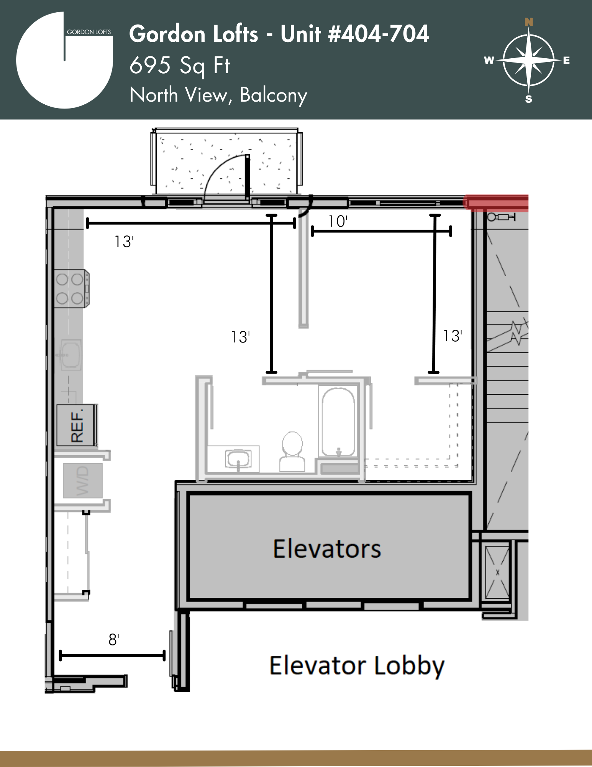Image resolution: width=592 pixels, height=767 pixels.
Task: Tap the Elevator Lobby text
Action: [357, 666]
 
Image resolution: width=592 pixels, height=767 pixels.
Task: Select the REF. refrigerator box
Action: [76, 425]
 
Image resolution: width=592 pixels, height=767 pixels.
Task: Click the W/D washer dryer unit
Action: [83, 481]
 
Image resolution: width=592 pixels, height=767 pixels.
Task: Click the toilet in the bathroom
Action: [292, 451]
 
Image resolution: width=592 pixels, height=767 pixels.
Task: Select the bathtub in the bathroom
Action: [338, 422]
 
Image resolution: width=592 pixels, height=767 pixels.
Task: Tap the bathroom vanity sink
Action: [238, 459]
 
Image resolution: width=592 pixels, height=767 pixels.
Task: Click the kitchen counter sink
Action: [71, 355]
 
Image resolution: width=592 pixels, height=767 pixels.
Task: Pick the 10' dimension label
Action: [338, 221]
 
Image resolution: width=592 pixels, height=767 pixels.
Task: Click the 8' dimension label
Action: [114, 640]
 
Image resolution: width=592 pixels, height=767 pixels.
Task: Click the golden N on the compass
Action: [529, 22]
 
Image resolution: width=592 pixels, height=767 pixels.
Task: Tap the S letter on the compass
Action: [529, 99]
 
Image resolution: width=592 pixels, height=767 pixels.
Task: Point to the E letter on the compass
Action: [566, 60]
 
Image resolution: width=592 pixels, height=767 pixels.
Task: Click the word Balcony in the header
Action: [274, 95]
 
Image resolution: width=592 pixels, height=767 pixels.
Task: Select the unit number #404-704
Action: [379, 34]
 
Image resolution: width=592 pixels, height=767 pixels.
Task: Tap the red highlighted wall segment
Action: [496, 202]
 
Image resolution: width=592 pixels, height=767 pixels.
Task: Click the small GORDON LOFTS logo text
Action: [89, 32]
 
